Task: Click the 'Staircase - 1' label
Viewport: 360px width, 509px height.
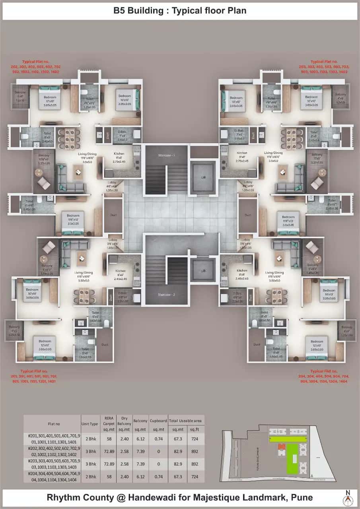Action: pyautogui.click(x=167, y=154)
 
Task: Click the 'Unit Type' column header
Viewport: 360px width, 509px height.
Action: pyautogui.click(x=90, y=424)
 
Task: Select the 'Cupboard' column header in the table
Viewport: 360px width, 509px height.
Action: pyautogui.click(x=159, y=421)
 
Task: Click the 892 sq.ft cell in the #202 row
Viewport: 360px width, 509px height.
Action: pyautogui.click(x=195, y=451)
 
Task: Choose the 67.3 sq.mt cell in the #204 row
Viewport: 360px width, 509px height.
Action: pyautogui.click(x=177, y=476)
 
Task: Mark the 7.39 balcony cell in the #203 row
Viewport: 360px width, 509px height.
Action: pyautogui.click(x=141, y=464)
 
